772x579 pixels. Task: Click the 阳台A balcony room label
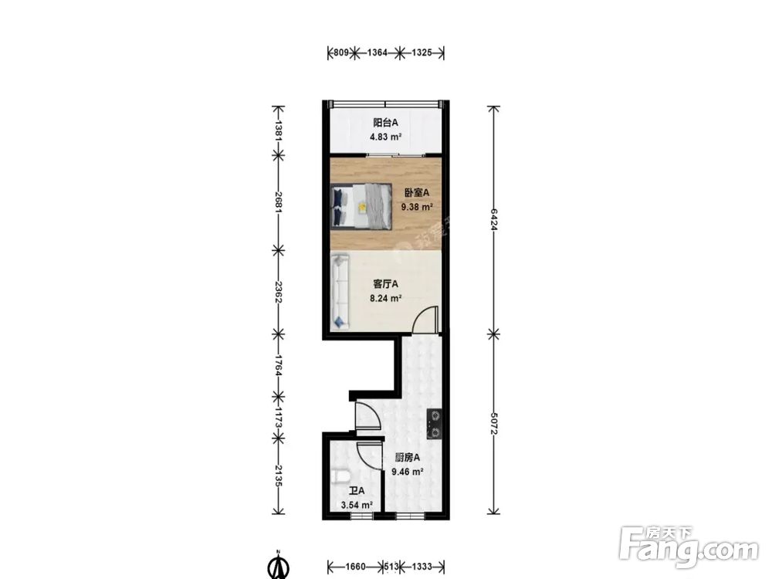[385, 123]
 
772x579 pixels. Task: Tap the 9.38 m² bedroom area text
[417, 207]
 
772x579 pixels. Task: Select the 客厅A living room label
[385, 283]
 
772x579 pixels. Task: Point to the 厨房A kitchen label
[407, 457]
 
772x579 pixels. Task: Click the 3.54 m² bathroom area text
[357, 505]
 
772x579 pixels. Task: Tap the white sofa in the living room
[340, 291]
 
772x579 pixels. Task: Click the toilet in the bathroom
[340, 476]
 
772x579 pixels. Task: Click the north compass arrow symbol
[278, 565]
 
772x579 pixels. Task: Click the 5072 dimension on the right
[493, 424]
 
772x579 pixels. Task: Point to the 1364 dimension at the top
[378, 52]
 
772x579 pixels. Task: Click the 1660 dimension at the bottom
[355, 567]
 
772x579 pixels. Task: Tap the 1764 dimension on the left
[278, 365]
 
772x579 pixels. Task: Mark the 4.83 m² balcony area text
[386, 137]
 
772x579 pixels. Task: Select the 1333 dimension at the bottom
[422, 567]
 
